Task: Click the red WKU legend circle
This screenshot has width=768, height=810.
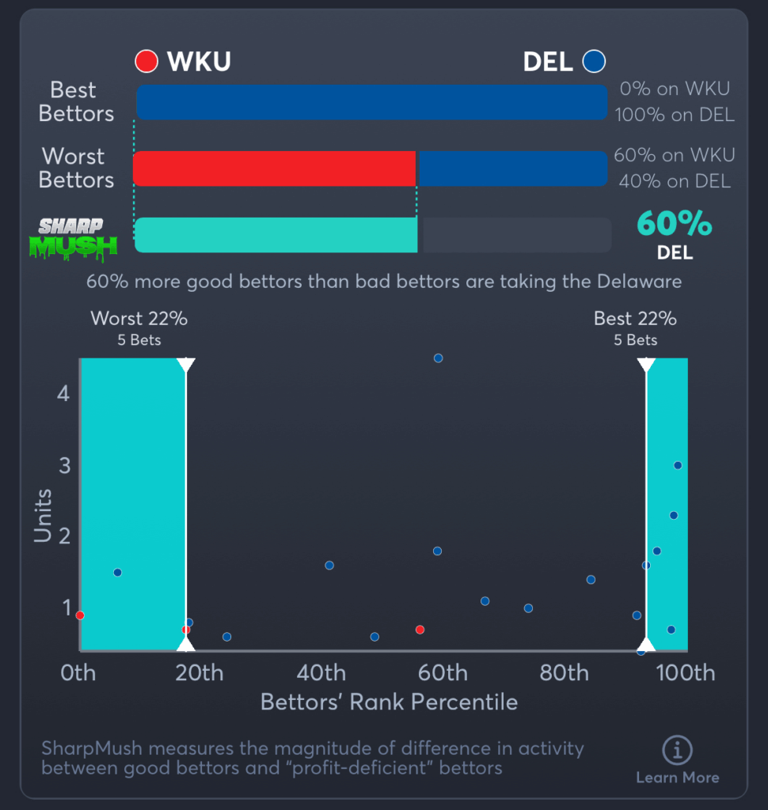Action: coord(146,62)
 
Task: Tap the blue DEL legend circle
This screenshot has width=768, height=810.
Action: coord(594,62)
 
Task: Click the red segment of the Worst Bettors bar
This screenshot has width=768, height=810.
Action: coord(275,168)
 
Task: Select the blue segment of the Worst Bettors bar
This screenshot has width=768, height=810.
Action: coord(511,168)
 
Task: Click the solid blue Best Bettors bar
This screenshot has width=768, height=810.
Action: coord(371,103)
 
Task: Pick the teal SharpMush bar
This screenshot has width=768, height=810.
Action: coord(276,235)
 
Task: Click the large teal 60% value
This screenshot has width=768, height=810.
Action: coord(675,225)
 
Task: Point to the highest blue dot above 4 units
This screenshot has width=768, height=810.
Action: coord(438,358)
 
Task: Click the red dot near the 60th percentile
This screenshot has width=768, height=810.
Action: coord(420,630)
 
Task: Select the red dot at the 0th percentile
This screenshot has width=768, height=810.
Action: coord(80,615)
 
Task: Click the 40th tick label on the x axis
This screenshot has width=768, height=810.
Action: coord(321,673)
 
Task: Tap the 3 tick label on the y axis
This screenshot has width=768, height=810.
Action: coord(63,465)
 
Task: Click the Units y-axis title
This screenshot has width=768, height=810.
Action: coord(43,516)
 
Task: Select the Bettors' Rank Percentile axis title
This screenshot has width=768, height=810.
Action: coord(389,702)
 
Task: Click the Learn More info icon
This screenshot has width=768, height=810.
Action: coord(677,750)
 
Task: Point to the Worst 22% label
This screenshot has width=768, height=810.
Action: coord(139,319)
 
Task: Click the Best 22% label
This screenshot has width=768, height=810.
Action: coord(635,319)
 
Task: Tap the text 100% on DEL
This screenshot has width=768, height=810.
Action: coord(675,115)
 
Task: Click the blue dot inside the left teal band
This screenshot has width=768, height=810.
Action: coord(117,572)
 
